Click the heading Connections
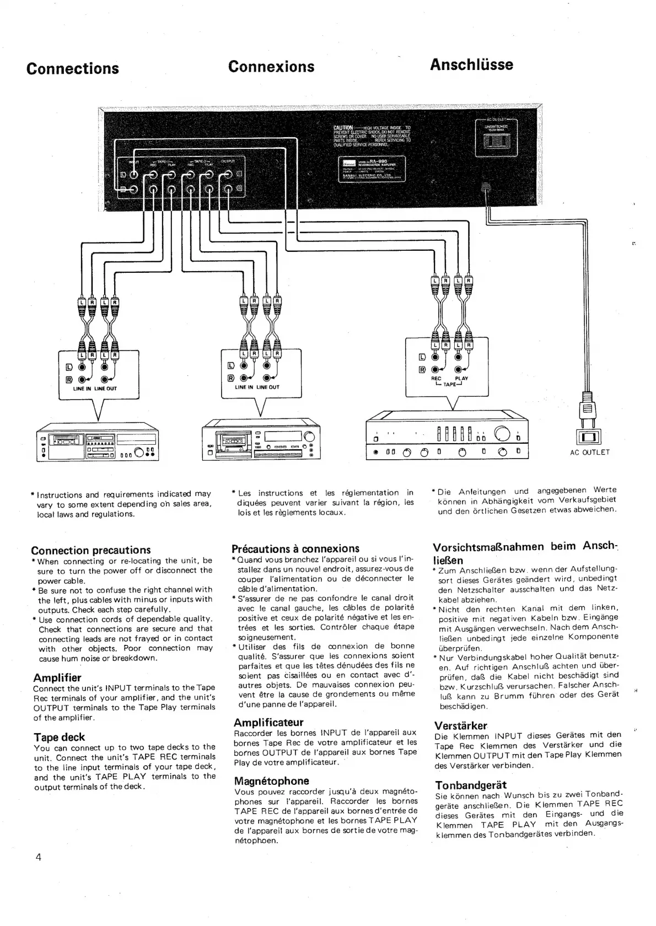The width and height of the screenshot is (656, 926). [x=73, y=68]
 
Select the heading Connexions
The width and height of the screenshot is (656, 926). [x=271, y=67]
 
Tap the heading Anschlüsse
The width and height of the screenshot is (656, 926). [x=471, y=64]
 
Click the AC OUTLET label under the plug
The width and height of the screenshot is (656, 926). [x=590, y=453]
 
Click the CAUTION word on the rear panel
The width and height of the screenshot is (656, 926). [x=343, y=128]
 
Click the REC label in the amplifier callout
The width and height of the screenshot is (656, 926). [x=435, y=379]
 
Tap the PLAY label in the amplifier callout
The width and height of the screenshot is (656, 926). [x=461, y=379]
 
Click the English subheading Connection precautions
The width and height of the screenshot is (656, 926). [x=91, y=550]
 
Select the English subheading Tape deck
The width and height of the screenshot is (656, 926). [x=60, y=737]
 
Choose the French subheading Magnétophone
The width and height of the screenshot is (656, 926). [x=271, y=780]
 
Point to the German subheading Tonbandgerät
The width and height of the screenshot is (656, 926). [x=470, y=785]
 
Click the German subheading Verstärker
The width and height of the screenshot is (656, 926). [x=461, y=725]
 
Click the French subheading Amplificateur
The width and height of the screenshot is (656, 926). [x=268, y=722]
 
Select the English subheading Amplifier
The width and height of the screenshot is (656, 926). [x=57, y=677]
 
